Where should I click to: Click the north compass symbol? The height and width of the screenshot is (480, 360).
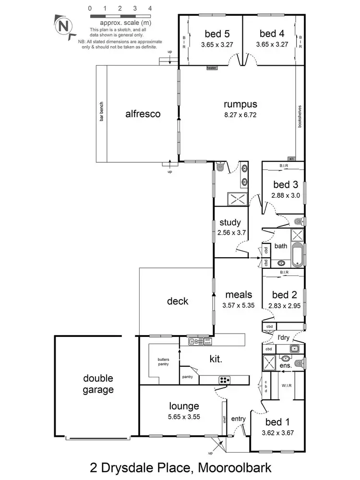pos(63,26)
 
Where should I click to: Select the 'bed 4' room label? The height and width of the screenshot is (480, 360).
pos(272,34)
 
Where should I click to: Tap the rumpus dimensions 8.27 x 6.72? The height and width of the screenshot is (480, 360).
pos(240,115)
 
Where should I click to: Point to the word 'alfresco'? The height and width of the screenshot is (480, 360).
pos(143,114)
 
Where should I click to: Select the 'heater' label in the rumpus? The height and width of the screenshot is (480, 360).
pos(212,68)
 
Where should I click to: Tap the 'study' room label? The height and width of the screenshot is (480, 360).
pos(230,223)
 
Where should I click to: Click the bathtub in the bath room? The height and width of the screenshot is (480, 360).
pos(298,254)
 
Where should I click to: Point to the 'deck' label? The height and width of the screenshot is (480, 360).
pos(178,301)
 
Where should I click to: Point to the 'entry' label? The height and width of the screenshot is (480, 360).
pos(238,419)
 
